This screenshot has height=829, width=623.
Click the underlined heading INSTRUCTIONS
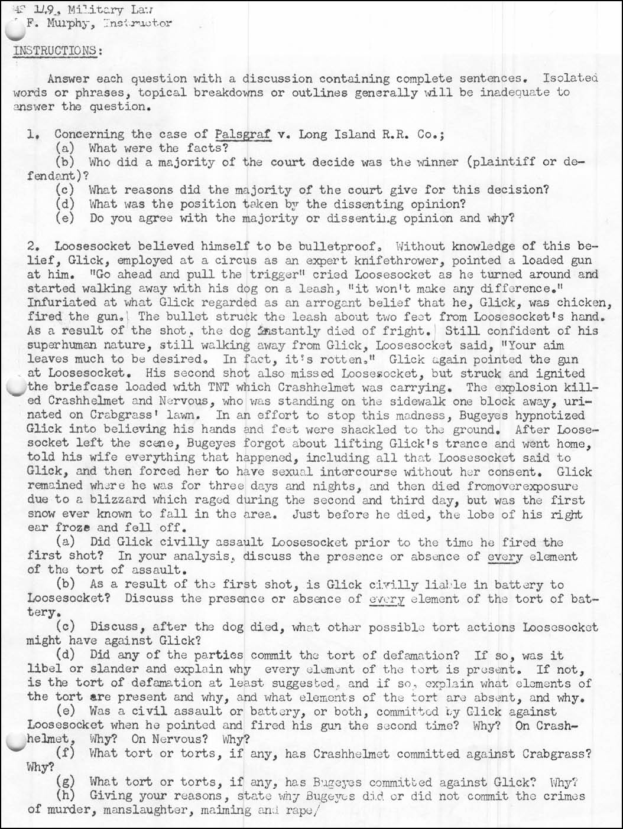click(x=56, y=50)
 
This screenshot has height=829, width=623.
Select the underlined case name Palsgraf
click(x=243, y=134)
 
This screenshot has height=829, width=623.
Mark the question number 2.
click(x=33, y=246)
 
